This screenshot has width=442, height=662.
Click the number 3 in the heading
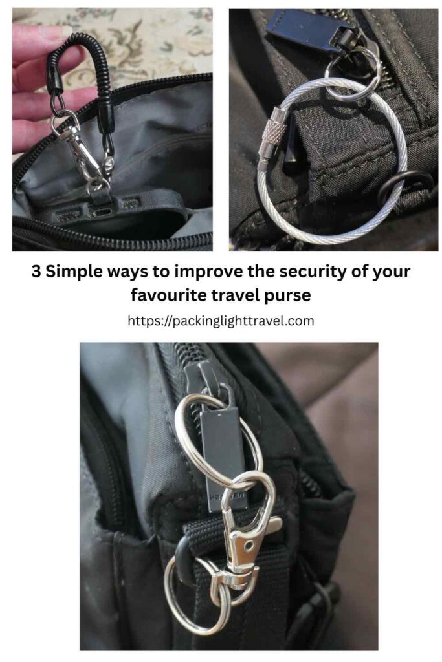(x=38, y=272)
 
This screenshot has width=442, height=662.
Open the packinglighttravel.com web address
(x=221, y=321)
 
